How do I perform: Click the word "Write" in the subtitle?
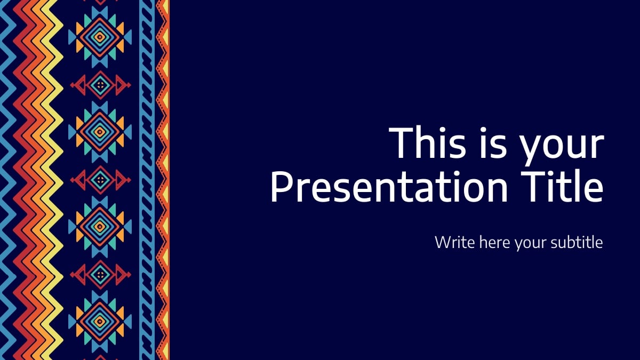point(455,242)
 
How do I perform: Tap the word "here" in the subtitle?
point(495,242)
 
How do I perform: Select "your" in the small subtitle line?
point(533,244)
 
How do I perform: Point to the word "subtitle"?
point(579,242)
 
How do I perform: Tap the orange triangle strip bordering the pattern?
point(164,160)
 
